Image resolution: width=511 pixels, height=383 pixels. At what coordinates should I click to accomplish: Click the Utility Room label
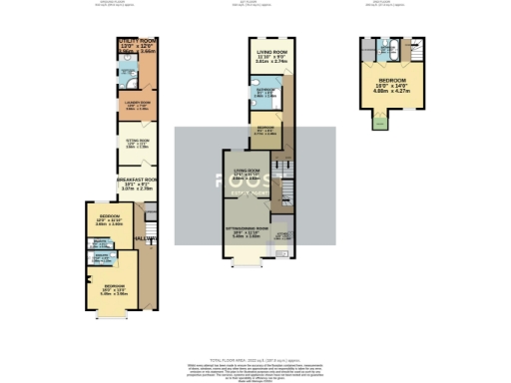point(138,45)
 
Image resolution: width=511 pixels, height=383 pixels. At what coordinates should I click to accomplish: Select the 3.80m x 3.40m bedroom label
point(110,220)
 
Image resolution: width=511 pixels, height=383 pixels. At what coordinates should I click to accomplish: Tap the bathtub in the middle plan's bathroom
point(275,97)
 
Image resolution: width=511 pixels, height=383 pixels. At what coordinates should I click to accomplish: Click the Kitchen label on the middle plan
point(284,236)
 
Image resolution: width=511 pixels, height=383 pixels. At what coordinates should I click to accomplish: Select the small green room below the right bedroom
point(377,123)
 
